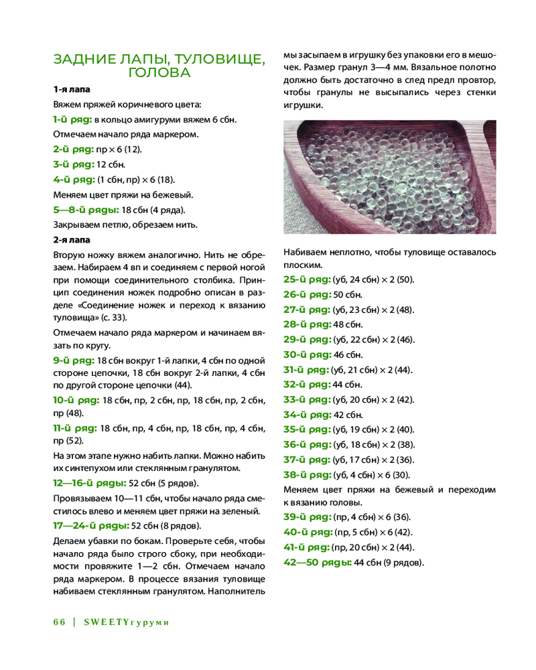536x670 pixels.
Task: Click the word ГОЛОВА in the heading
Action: coord(159,72)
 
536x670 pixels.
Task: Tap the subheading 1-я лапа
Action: coord(72,89)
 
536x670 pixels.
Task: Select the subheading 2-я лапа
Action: coord(72,239)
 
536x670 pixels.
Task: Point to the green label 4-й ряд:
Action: coord(74,180)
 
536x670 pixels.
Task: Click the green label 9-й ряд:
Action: coord(74,360)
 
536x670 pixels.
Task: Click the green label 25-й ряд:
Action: coord(307,279)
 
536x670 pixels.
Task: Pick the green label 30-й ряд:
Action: coord(308,354)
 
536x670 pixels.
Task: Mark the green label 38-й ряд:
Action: coord(308,475)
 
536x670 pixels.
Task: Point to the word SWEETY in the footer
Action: coord(106,622)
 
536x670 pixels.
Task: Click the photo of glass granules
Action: coord(390,177)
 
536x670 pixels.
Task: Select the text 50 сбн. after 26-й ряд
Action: coord(348,294)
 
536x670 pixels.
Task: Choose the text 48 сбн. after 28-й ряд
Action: coord(347,324)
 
